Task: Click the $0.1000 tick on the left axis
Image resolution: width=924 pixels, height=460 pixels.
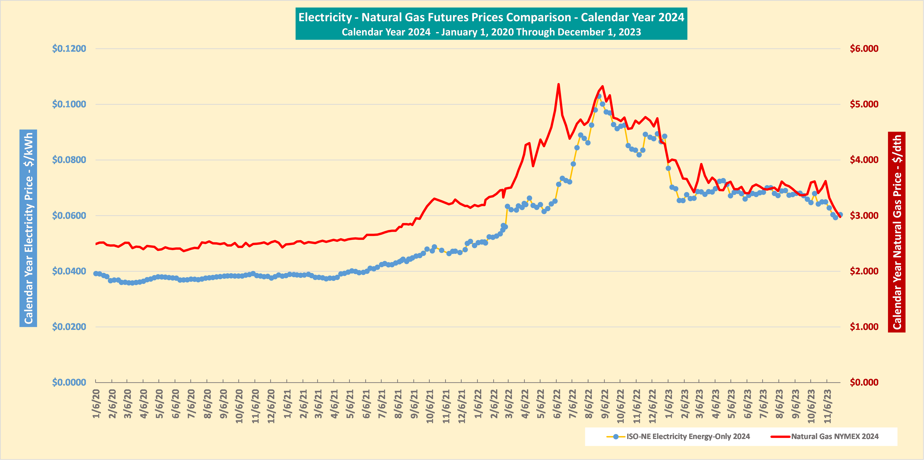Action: coord(69,104)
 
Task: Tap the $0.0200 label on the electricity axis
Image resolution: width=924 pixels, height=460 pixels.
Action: coord(69,327)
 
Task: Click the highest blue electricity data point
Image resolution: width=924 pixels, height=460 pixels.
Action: coord(599,96)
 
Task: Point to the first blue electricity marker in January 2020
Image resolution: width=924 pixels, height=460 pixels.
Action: coord(96,274)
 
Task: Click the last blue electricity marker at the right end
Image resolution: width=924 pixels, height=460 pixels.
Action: coord(840,214)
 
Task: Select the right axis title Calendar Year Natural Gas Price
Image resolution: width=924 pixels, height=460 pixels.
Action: coord(897,232)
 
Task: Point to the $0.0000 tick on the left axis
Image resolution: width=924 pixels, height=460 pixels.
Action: coord(69,382)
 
